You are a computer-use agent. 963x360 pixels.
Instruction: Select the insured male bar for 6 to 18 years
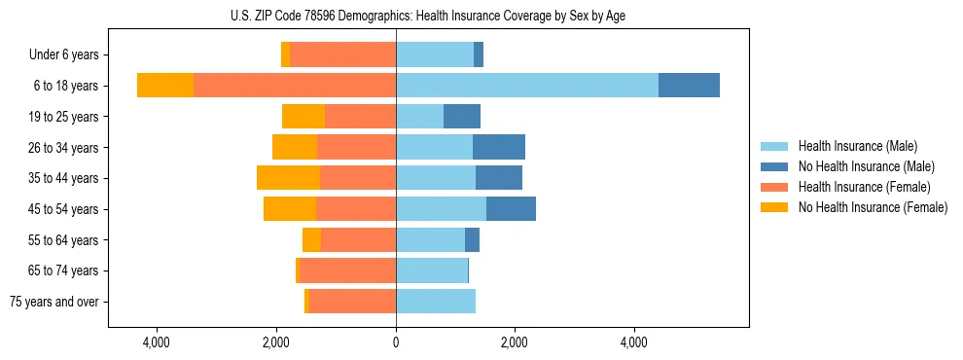click(527, 86)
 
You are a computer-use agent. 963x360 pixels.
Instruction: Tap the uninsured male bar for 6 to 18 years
click(689, 86)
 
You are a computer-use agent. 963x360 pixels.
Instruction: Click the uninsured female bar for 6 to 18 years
click(165, 86)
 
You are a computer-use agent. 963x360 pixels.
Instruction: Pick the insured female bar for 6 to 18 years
click(295, 86)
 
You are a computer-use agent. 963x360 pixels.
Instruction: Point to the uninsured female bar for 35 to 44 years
click(288, 178)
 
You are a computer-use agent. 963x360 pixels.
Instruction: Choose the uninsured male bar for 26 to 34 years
click(499, 148)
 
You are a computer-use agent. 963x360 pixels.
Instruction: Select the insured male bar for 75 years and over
click(436, 302)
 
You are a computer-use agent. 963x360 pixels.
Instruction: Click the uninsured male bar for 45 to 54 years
click(511, 209)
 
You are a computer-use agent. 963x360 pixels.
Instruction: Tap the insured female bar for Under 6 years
click(342, 55)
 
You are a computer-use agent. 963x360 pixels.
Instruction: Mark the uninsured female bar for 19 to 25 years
click(303, 117)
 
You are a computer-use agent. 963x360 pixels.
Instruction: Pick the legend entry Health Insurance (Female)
click(864, 187)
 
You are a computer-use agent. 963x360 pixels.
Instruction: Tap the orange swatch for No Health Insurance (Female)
click(774, 207)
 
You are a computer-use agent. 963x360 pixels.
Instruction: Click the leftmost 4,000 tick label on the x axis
click(157, 342)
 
